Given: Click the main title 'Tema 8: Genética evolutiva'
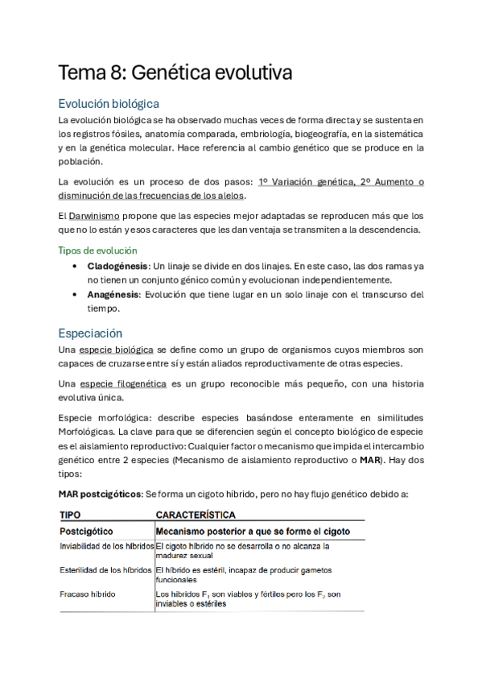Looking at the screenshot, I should (174, 73).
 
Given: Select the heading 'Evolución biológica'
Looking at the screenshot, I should (109, 104).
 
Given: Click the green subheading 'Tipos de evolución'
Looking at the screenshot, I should (97, 250).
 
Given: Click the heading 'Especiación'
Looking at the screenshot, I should (90, 332).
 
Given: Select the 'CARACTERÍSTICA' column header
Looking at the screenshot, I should (196, 514).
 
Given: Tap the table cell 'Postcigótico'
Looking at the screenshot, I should (86, 532).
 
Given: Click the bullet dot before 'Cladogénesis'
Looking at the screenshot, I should (75, 265).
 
